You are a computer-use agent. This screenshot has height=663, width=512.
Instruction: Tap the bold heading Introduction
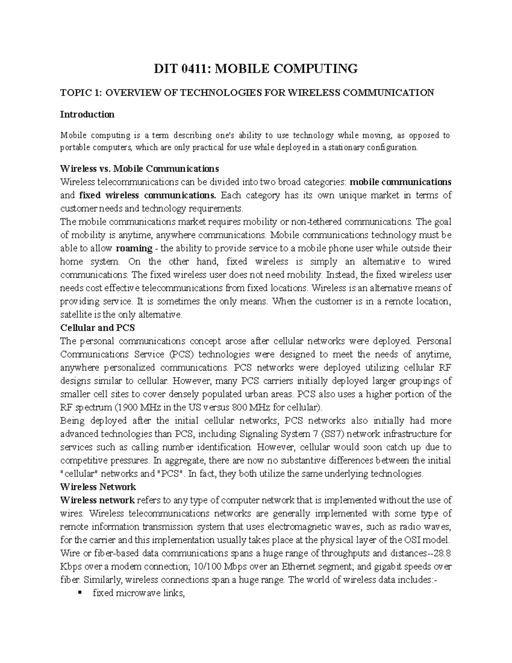[x=87, y=114]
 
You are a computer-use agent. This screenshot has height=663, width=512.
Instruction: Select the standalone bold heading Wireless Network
[x=98, y=487]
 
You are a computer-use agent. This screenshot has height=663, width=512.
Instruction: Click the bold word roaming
[x=134, y=248]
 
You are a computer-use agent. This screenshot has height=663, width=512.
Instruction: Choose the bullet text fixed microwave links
[x=139, y=593]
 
